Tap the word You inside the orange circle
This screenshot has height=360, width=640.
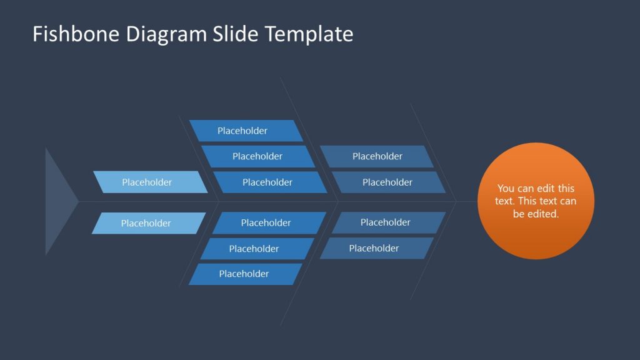tap(506, 188)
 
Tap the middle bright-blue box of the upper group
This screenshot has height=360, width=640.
tap(257, 156)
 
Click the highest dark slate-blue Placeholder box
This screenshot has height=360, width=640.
tap(377, 156)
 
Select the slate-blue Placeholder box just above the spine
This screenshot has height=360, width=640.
tap(388, 182)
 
